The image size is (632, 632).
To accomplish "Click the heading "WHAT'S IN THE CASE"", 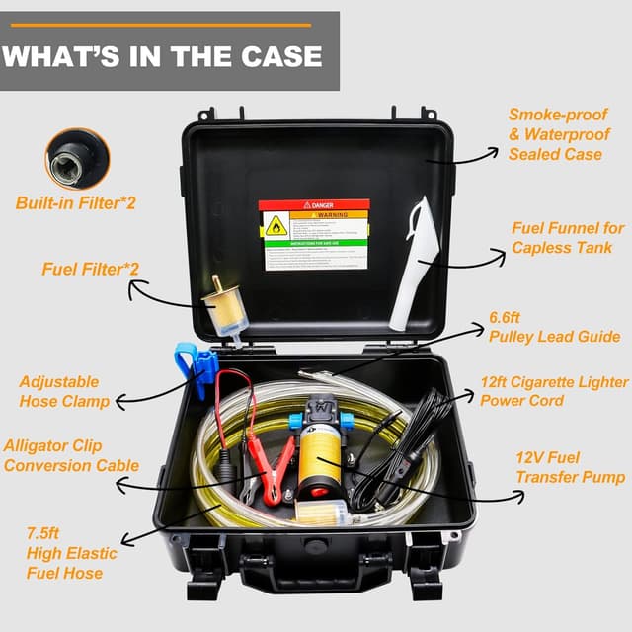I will pos(162,55).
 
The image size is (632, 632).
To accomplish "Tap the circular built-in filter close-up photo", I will pos(77,158).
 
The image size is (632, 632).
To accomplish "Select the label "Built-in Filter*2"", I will pos(75,203).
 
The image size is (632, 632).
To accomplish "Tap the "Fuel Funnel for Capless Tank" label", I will pos(568,238).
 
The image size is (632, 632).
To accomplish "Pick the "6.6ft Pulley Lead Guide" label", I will pos(554,328).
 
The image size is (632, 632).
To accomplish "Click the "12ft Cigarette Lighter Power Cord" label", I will pos(554,391).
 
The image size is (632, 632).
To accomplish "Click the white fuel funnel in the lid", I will pos(410,262).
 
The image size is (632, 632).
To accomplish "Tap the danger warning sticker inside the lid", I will pos(313,234).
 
